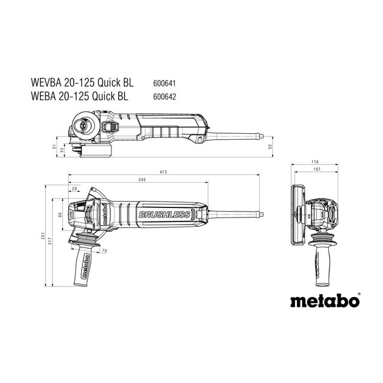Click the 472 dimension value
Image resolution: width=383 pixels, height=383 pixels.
click(163, 171)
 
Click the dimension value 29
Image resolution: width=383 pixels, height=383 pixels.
click(75, 189)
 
